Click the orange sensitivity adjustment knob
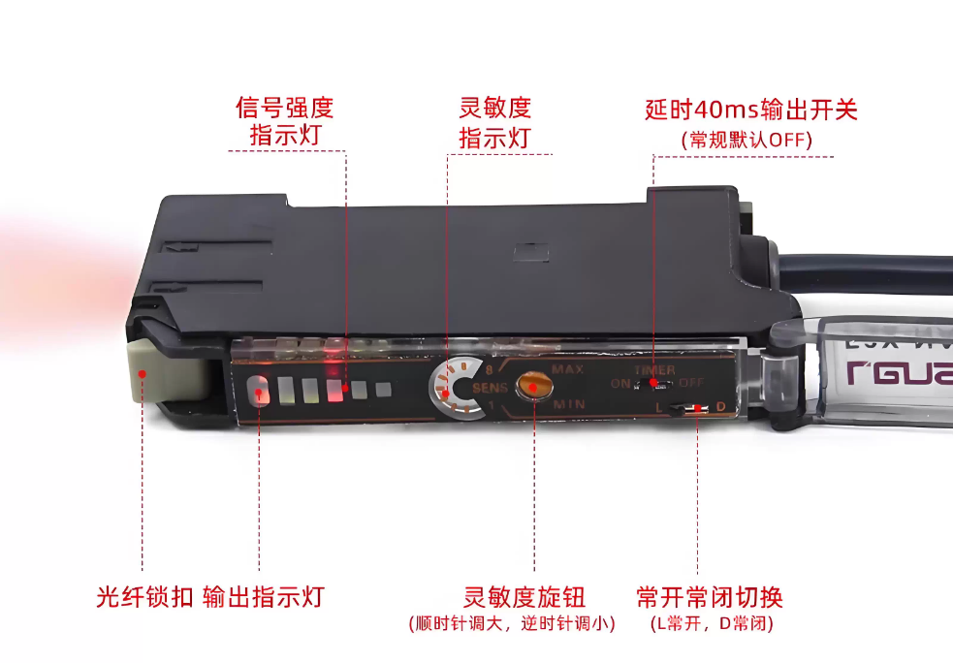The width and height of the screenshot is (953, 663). (532, 385)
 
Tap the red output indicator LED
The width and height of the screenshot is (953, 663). (259, 391)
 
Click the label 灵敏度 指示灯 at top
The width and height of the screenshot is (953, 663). (494, 121)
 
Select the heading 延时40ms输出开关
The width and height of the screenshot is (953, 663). (751, 109)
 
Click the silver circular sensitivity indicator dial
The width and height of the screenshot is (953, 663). (456, 388)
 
